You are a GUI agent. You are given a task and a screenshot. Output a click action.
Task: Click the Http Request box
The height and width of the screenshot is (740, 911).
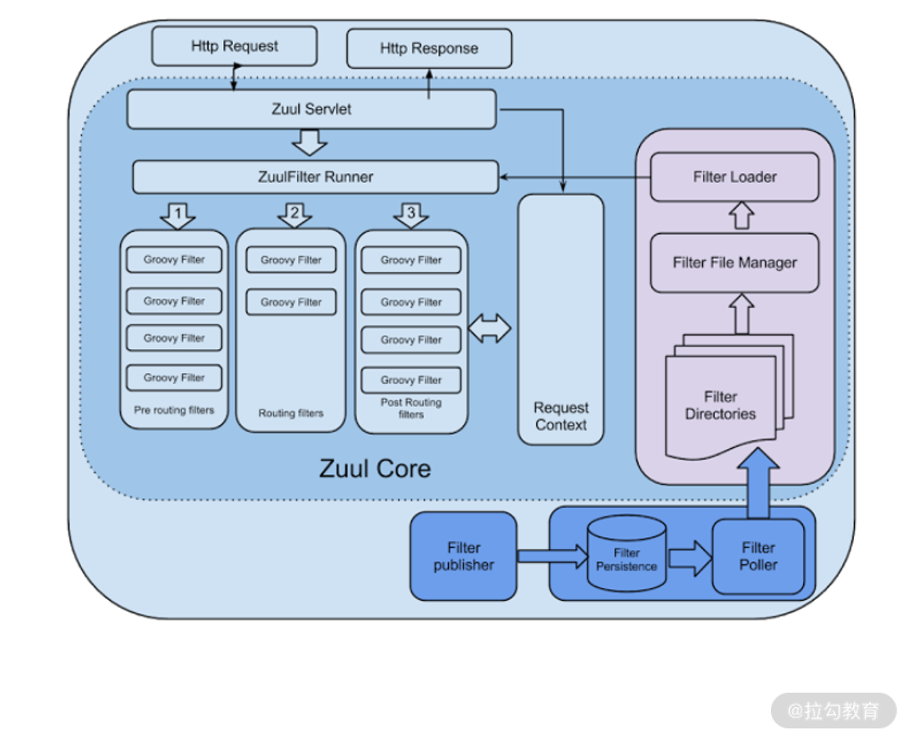click(x=234, y=46)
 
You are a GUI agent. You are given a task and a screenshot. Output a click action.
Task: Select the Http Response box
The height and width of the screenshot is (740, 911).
click(x=429, y=48)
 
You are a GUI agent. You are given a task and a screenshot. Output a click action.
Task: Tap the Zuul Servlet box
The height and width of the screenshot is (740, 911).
click(x=311, y=109)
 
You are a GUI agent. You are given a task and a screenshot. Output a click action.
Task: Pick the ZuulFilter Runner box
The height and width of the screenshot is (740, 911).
click(x=315, y=177)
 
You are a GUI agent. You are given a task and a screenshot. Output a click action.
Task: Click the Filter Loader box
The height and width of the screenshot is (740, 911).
click(x=734, y=177)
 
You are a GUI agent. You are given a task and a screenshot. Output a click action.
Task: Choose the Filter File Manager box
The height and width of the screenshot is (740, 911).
click(x=734, y=262)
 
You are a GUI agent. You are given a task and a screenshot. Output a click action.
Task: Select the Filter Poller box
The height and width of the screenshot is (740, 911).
click(x=758, y=556)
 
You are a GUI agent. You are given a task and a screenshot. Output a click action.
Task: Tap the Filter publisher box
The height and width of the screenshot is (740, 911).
click(x=463, y=556)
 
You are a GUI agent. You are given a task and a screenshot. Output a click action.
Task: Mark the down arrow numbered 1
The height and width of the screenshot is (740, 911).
click(x=178, y=214)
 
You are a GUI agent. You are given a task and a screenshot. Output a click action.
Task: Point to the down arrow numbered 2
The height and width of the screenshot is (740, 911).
click(x=294, y=214)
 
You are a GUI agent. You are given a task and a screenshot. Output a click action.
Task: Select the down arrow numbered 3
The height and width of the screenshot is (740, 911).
click(x=410, y=214)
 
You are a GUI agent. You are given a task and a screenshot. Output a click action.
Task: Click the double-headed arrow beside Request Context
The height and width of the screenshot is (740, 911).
click(x=490, y=328)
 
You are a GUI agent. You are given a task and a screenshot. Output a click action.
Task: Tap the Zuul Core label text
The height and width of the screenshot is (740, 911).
click(x=375, y=469)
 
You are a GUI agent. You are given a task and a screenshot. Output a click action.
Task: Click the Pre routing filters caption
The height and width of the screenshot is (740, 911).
click(x=175, y=411)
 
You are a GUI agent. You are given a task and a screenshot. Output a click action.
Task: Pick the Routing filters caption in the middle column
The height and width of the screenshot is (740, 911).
click(x=291, y=413)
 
